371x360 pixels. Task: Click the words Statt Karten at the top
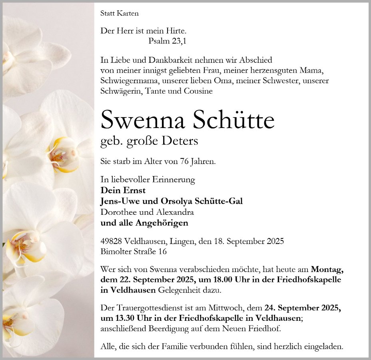tap(120, 14)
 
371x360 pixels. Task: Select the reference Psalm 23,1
tap(167, 41)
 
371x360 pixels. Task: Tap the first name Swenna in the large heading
tap(143, 120)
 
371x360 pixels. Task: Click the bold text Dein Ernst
tap(123, 190)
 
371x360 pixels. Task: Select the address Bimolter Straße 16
tap(134, 252)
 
